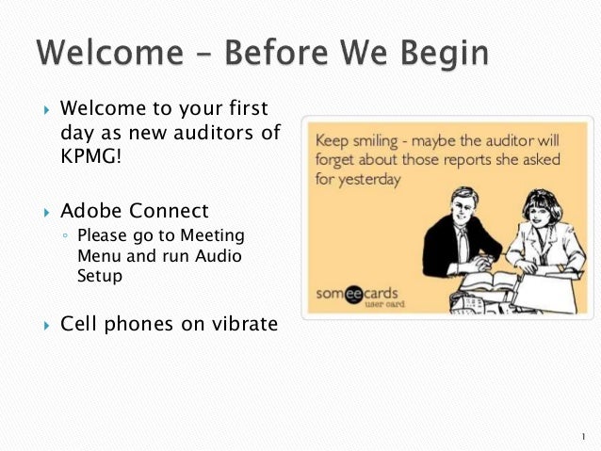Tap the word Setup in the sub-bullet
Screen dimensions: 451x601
pos(100,277)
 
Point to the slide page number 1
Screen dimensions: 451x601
pos(584,436)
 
